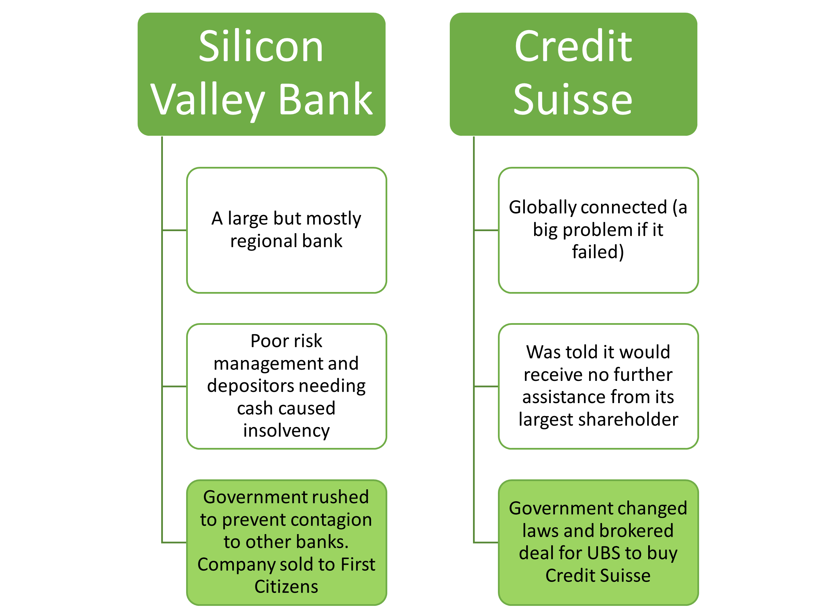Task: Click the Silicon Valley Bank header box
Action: (x=261, y=74)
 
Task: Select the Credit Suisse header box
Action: (x=573, y=74)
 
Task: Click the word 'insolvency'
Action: (x=286, y=430)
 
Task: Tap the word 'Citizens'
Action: (x=286, y=587)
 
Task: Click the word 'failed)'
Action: (x=598, y=252)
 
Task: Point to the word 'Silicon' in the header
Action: (x=261, y=47)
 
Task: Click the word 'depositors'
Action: (x=244, y=386)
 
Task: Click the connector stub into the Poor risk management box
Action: (x=175, y=386)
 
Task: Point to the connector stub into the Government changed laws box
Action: (x=486, y=543)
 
